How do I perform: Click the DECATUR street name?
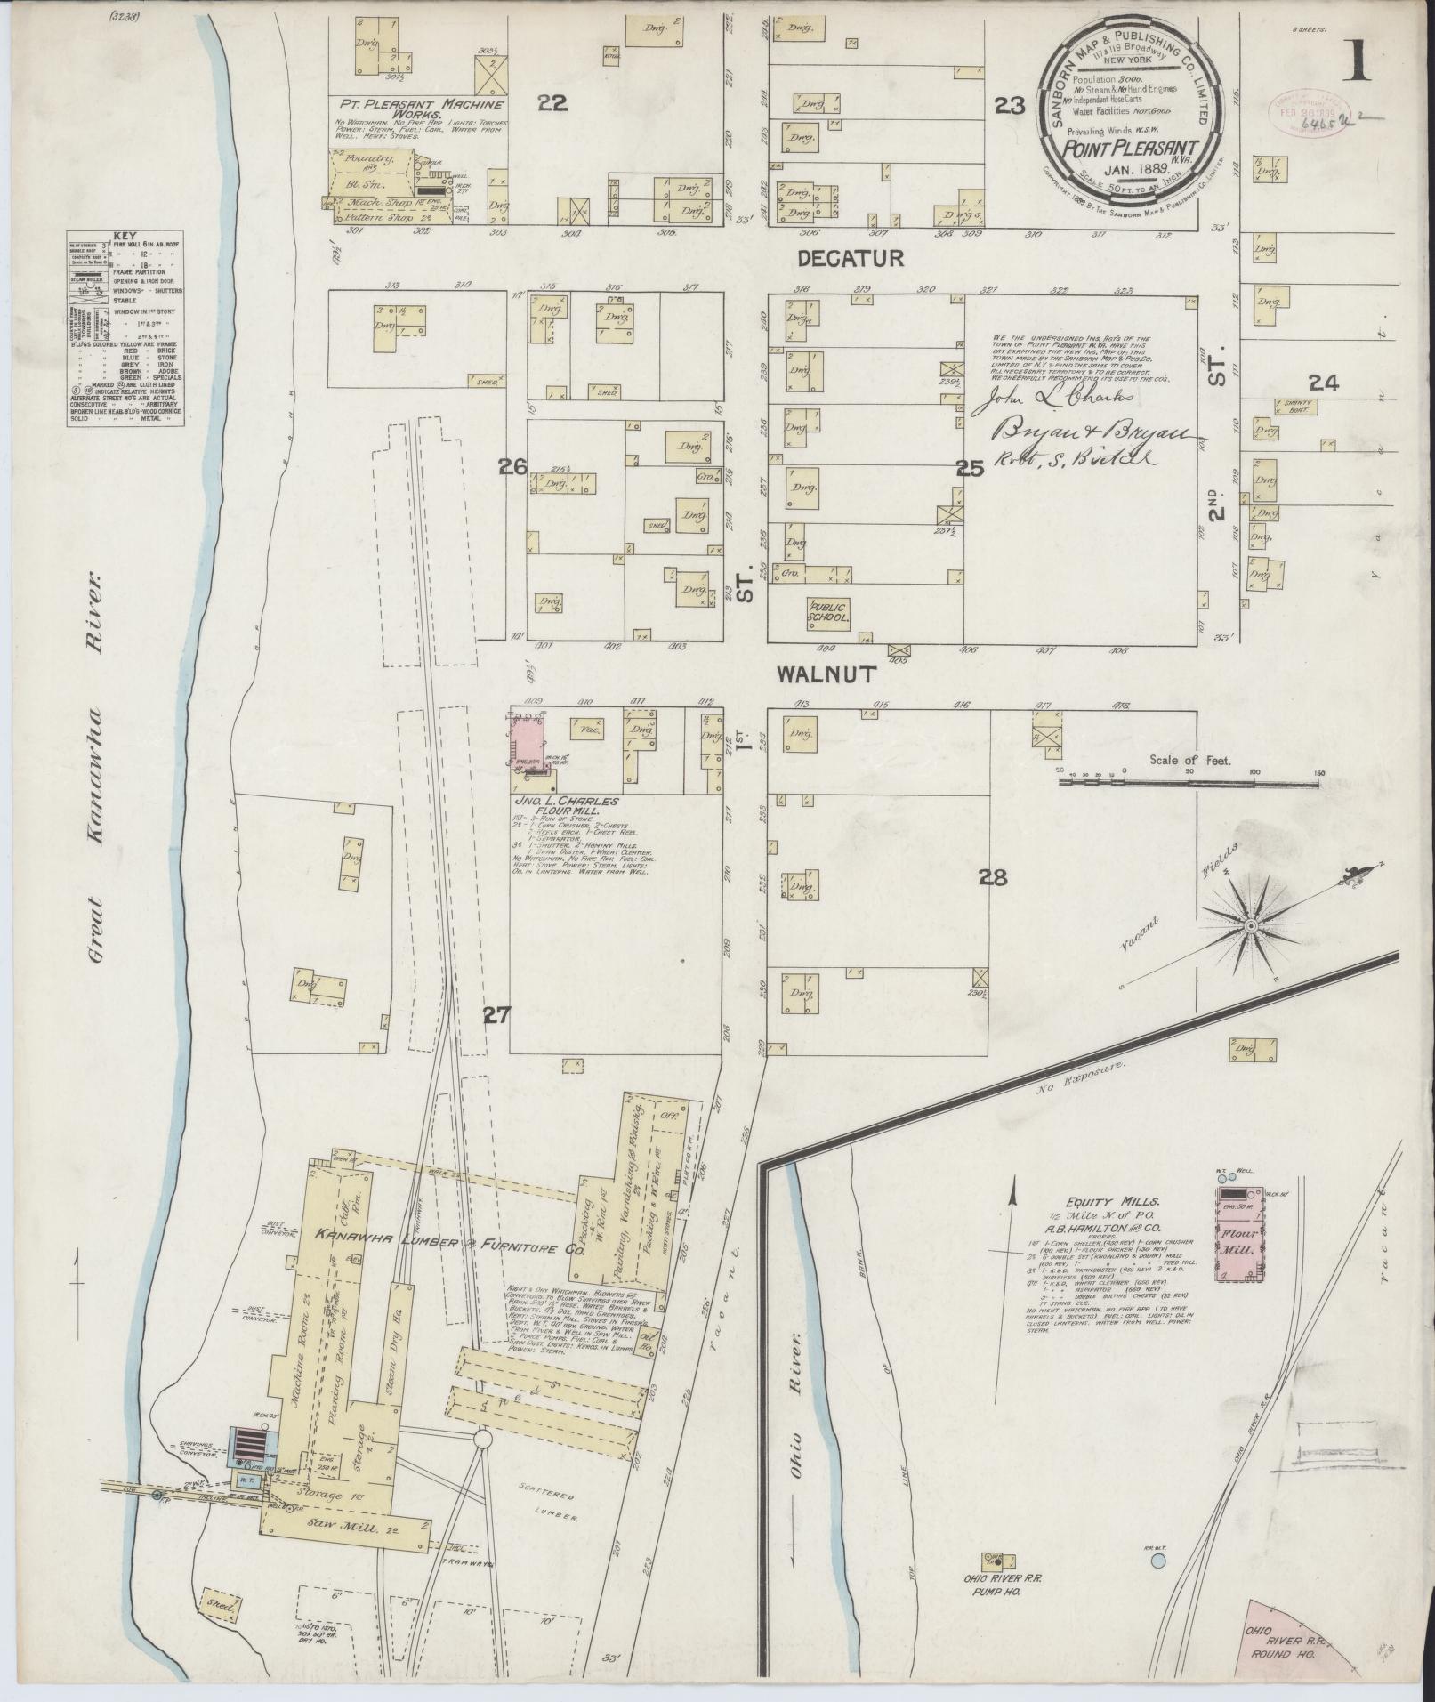click(x=850, y=258)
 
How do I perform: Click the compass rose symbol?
click(x=1249, y=926)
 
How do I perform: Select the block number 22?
click(x=552, y=103)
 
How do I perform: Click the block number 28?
click(x=992, y=878)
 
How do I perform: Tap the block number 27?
click(x=496, y=1015)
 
